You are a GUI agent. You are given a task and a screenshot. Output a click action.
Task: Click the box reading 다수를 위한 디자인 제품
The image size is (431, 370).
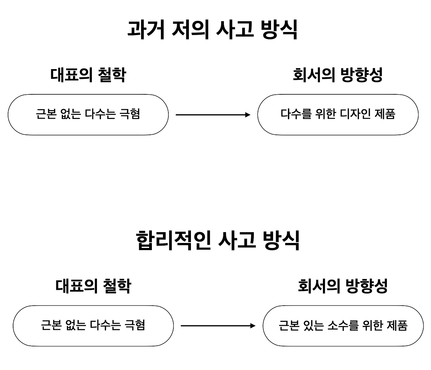tap(338, 115)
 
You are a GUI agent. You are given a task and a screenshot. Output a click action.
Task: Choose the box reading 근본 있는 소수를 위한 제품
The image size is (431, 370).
tap(343, 326)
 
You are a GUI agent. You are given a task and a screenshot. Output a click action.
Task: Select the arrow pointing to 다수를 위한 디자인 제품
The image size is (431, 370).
tap(213, 115)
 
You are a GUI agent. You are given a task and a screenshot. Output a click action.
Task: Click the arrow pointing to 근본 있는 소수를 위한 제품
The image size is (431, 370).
tap(218, 326)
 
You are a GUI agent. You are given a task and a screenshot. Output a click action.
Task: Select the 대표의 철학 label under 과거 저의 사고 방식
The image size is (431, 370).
tap(88, 74)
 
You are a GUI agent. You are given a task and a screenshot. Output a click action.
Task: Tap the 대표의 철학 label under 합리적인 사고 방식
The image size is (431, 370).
tap(93, 286)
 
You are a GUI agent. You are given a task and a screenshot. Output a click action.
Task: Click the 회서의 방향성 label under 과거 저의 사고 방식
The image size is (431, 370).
tap(338, 74)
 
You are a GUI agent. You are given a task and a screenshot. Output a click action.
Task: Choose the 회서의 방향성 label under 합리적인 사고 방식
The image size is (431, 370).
tap(343, 286)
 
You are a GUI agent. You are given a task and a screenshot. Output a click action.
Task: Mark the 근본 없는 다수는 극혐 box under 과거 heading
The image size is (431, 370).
tap(88, 115)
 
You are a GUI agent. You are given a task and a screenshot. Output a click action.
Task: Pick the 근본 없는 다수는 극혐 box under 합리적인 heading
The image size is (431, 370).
tap(93, 326)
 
